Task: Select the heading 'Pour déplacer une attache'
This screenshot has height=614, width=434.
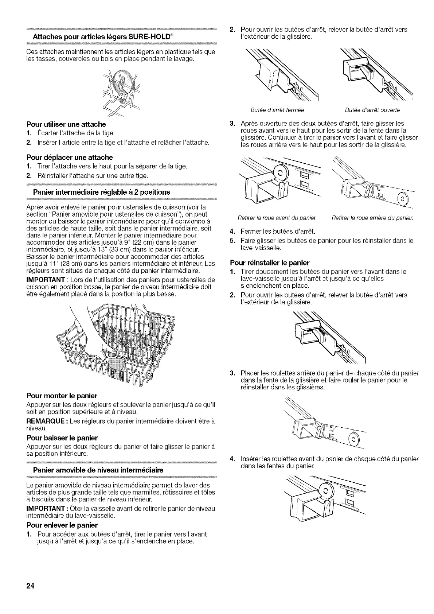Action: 70,158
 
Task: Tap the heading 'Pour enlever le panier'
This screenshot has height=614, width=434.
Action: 62,525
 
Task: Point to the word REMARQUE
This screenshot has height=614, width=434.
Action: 44,421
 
